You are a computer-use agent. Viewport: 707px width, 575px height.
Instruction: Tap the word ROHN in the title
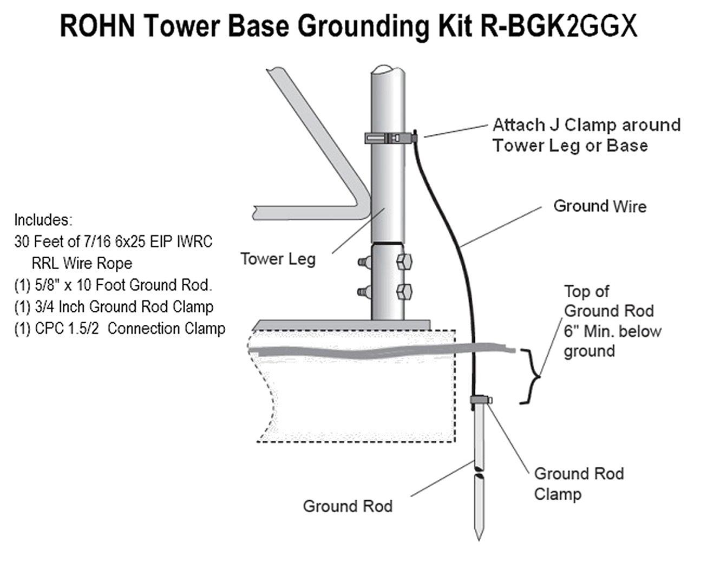(97, 25)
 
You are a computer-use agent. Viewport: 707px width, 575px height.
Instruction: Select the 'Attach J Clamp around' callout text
(586, 125)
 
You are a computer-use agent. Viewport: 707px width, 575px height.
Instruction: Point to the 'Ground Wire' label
(600, 206)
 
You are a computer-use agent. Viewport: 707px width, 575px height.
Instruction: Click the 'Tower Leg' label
(278, 259)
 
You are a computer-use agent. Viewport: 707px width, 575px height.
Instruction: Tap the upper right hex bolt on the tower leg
(404, 263)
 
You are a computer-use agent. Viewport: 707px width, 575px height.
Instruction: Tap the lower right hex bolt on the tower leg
(404, 292)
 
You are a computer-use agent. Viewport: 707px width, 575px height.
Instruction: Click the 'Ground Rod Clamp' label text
(578, 483)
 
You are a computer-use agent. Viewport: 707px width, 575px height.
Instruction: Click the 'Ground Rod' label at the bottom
(348, 506)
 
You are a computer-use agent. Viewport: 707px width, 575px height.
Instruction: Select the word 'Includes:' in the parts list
(43, 220)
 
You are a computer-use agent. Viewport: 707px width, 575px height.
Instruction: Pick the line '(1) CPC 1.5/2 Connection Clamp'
(120, 329)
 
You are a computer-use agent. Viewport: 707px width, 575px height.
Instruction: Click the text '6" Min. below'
(612, 331)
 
